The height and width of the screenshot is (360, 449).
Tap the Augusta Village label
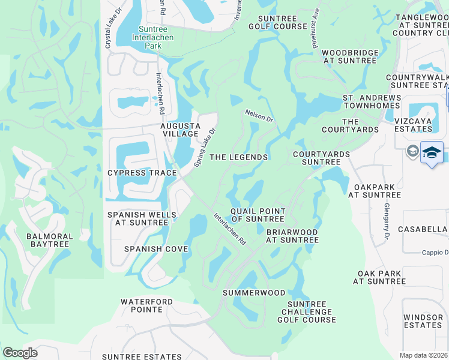[x=179, y=130]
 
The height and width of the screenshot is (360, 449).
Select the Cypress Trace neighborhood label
[x=142, y=173]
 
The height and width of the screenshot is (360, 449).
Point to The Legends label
[x=239, y=157]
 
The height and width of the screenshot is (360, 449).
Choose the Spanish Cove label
[x=156, y=248]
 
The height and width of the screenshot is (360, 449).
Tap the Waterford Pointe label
[x=146, y=305]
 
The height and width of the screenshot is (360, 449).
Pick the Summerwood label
[x=254, y=293]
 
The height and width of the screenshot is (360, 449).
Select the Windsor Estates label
[x=423, y=321]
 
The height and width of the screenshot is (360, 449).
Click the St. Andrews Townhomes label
[x=372, y=101]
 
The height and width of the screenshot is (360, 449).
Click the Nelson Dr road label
[x=259, y=115]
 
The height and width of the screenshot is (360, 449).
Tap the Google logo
[x=20, y=353]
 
